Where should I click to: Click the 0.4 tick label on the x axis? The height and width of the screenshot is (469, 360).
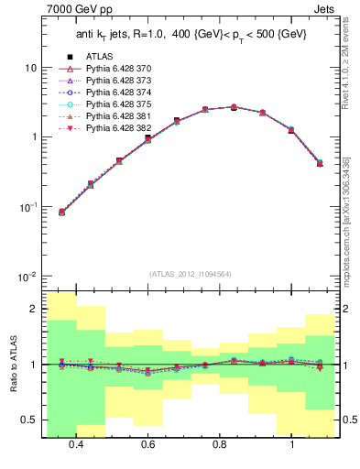(x=76, y=443)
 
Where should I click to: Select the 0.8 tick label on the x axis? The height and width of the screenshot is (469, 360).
(x=220, y=443)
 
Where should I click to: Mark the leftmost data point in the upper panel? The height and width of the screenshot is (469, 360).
(x=61, y=212)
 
